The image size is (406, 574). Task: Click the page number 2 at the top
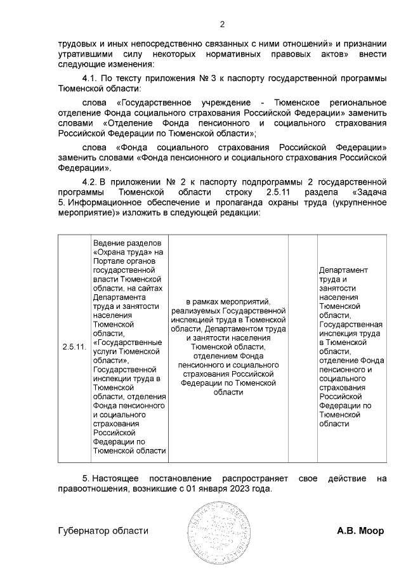click(222, 25)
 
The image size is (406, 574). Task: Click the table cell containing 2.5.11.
click(74, 347)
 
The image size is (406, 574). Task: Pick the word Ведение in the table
click(108, 244)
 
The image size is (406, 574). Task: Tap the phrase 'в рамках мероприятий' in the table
click(228, 301)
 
